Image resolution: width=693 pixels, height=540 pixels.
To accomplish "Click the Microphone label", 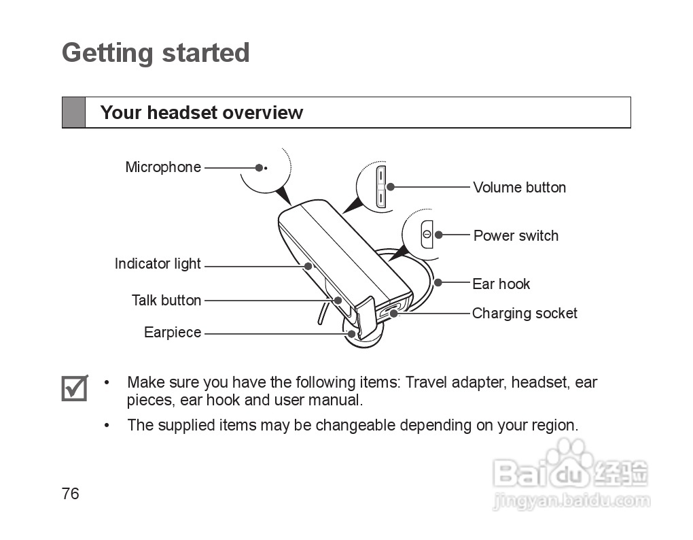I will [163, 167].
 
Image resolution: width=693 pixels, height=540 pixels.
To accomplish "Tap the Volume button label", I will [519, 188].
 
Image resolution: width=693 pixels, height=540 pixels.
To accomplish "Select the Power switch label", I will [516, 236].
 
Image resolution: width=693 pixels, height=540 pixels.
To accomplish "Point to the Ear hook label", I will [501, 284].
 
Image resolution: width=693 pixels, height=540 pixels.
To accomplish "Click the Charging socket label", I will [525, 314].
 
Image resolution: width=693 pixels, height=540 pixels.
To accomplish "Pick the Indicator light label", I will [158, 264].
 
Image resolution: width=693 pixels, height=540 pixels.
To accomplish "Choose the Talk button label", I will [166, 301].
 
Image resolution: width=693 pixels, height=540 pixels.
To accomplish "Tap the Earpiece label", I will [173, 333].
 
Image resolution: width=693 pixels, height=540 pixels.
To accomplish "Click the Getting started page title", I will [156, 53].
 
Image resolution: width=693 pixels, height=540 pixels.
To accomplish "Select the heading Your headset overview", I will [201, 113].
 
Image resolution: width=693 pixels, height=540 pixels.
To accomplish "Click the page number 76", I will [70, 494].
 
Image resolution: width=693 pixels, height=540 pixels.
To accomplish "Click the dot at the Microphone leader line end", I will [259, 167].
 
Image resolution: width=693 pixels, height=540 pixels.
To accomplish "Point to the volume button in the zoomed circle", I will [380, 187].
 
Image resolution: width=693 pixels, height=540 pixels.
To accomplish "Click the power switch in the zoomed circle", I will [427, 234].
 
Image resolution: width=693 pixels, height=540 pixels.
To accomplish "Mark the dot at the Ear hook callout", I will [438, 282].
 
